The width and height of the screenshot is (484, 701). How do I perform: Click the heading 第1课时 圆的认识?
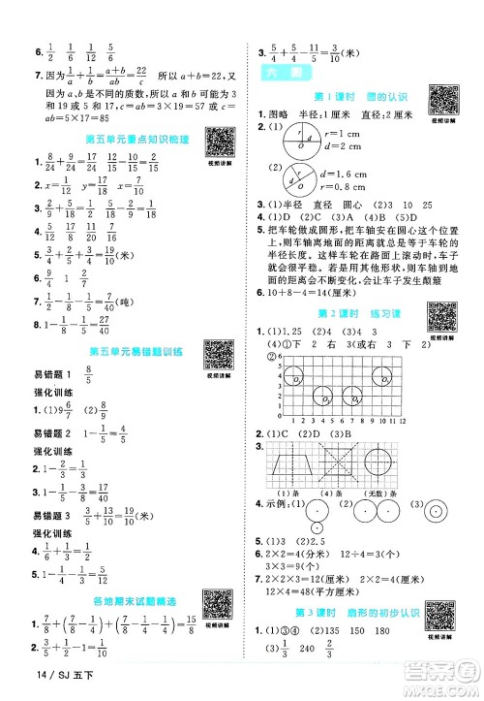(362, 99)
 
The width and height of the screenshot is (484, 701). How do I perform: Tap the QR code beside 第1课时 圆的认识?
(444, 100)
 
